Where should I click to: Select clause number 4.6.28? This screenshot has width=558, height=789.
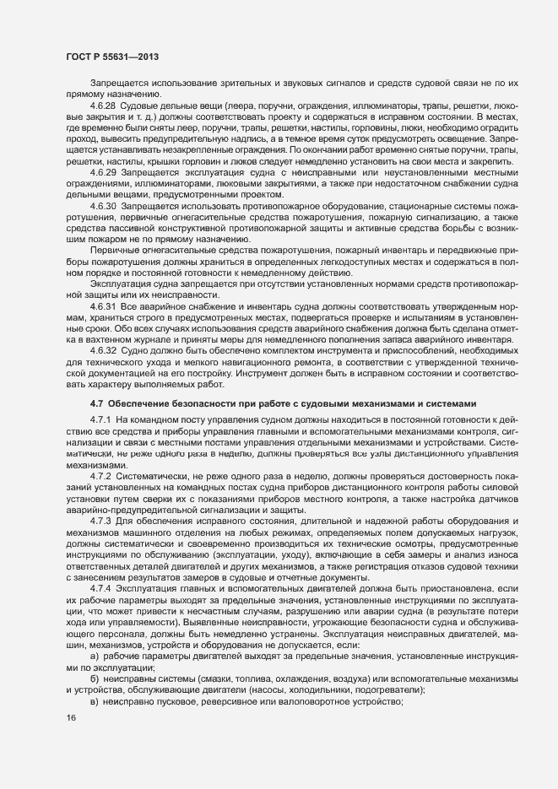(x=102, y=105)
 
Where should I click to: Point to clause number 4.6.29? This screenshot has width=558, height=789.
(x=102, y=172)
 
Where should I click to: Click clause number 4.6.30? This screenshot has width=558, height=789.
(x=102, y=206)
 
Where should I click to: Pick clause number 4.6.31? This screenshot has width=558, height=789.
(x=102, y=307)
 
